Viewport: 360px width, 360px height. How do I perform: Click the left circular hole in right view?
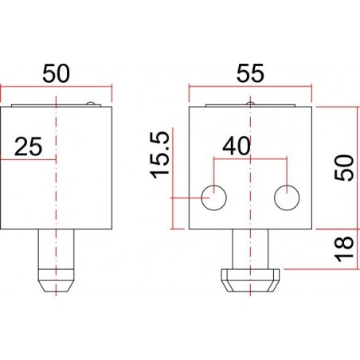pos(213,197)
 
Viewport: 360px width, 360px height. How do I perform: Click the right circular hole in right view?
pos(287,197)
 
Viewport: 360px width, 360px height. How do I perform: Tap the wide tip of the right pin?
pos(250,278)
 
